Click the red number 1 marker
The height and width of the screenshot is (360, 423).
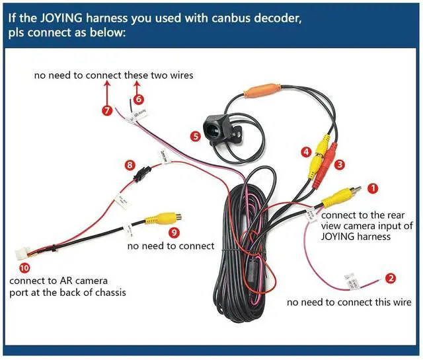click(372, 188)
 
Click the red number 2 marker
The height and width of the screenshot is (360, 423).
click(391, 279)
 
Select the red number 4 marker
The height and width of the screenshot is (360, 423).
click(306, 153)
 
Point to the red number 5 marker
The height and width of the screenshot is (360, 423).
click(195, 137)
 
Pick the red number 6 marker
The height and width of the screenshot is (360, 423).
click(138, 99)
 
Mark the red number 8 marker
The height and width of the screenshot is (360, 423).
click(130, 165)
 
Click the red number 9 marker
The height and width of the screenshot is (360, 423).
click(174, 232)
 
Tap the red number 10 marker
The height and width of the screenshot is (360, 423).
click(24, 268)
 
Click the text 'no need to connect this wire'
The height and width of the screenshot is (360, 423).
click(349, 303)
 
